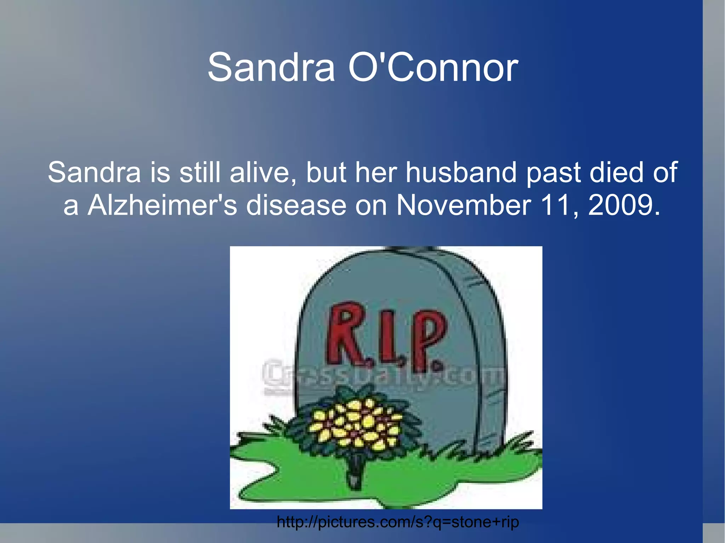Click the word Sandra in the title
click(271, 67)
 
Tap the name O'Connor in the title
click(433, 67)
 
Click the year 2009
click(624, 205)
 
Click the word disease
click(296, 205)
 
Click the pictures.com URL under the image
click(398, 522)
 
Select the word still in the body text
click(201, 173)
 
